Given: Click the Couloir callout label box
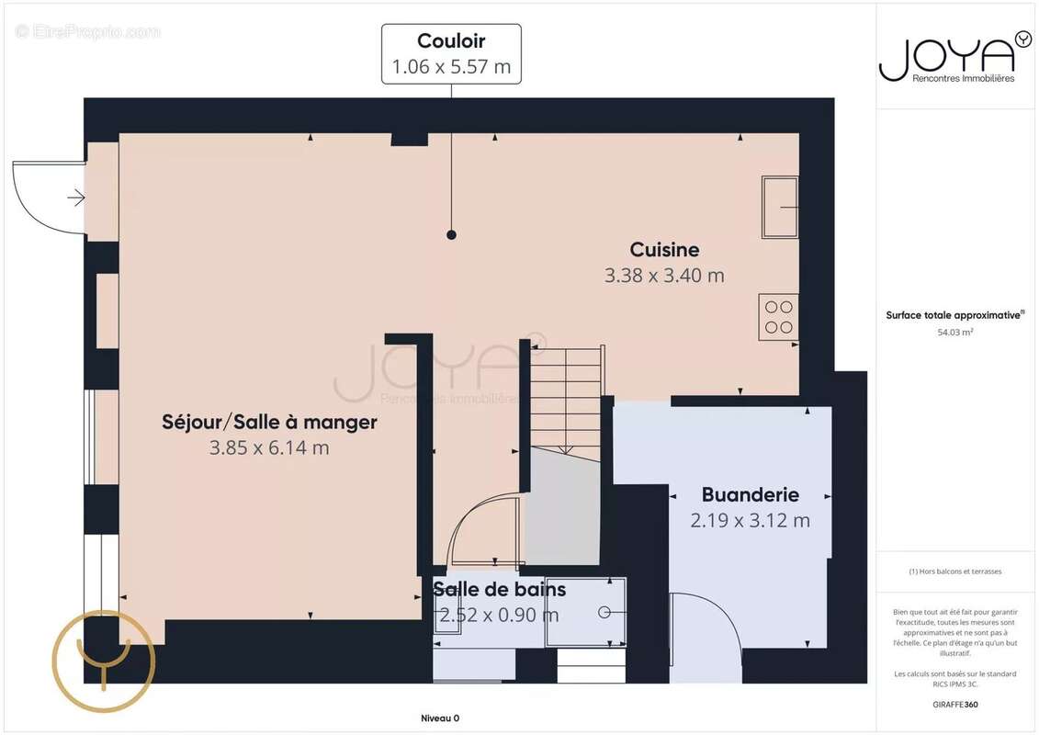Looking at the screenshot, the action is (451, 54).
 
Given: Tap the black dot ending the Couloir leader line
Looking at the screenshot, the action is (451, 234).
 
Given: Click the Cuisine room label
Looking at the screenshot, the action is (664, 250).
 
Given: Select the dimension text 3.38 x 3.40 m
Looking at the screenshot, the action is (664, 275).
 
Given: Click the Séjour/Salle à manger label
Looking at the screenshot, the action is (270, 423).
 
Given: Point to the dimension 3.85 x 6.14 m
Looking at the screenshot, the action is (270, 447).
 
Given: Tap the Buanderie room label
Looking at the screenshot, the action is (751, 494).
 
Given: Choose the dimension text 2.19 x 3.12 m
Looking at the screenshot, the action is (751, 520).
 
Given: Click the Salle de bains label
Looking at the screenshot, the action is (500, 589).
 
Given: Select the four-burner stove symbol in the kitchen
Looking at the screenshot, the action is (779, 317).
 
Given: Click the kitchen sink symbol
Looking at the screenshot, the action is (780, 207).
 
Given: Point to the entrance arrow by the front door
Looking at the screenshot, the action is (76, 198).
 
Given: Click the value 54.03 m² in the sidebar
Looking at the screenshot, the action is (954, 332).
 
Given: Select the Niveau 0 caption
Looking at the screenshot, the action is (440, 718).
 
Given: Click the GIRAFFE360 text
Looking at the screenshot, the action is (954, 705).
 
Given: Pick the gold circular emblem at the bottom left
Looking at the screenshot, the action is (104, 661).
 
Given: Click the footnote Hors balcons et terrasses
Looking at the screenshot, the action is (954, 571).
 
